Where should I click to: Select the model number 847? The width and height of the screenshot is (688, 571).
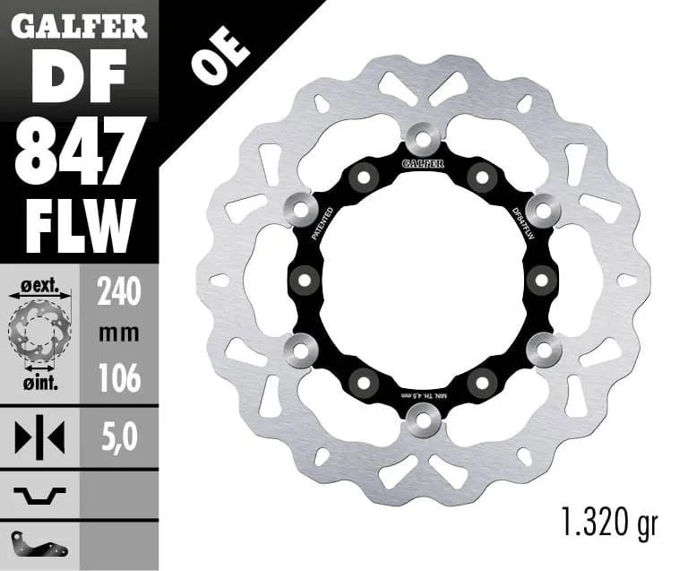click(80, 149)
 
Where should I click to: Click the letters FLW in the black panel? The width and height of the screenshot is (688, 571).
click(80, 220)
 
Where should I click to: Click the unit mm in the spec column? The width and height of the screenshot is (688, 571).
click(119, 333)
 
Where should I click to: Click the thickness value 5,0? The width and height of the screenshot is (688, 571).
click(119, 439)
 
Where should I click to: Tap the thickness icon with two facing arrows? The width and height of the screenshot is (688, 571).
click(40, 439)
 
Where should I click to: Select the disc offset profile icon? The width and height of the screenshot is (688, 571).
click(40, 492)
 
